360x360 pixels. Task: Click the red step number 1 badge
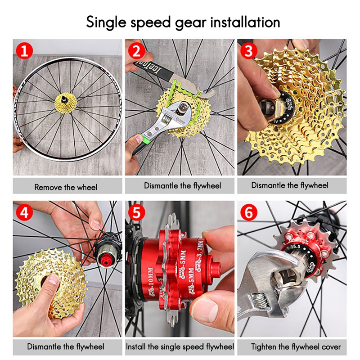25,51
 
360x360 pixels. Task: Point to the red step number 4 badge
25,212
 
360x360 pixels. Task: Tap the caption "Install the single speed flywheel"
180,347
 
